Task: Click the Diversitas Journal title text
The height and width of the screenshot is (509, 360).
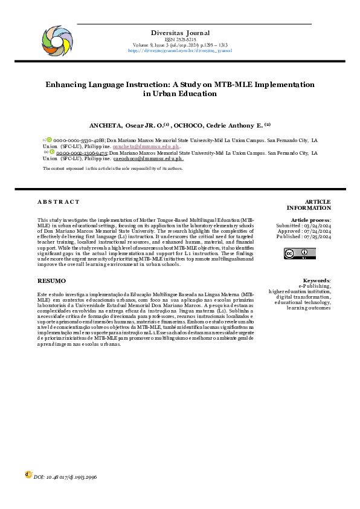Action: pyautogui.click(x=180, y=33)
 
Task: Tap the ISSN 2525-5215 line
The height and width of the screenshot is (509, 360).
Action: pyautogui.click(x=180, y=39)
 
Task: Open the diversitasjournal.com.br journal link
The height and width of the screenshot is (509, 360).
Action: pyautogui.click(x=180, y=51)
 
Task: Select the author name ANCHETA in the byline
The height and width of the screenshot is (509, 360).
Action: pyautogui.click(x=106, y=125)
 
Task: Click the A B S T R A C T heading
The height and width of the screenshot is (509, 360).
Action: pyautogui.click(x=58, y=201)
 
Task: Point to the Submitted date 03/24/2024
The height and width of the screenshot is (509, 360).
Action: pyautogui.click(x=316, y=225)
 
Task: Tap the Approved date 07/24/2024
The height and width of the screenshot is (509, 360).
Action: pyautogui.click(x=317, y=232)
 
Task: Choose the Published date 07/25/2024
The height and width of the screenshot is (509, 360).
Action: pyautogui.click(x=317, y=238)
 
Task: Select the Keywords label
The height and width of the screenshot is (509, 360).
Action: pyautogui.click(x=316, y=281)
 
